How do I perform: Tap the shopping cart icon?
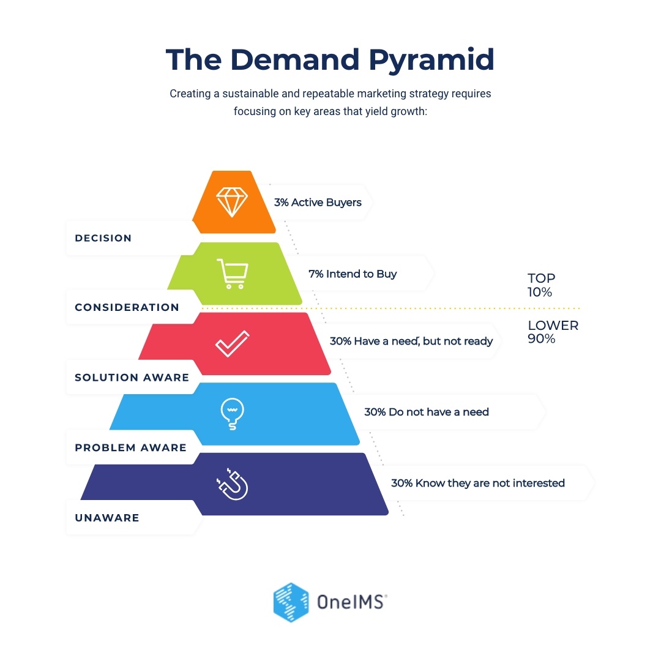coord(233,273)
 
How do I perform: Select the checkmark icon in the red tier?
coord(233,343)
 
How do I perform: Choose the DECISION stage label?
coord(103,238)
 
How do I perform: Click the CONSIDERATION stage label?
coord(127,308)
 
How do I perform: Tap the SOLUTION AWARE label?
coord(132,378)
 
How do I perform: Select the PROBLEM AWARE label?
coord(130,448)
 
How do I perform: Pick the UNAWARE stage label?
coord(107,518)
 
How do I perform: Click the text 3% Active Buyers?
coord(318,203)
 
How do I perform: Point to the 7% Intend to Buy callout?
coord(353,274)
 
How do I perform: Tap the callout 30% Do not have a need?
coord(427,412)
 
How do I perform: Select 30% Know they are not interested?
coord(477,483)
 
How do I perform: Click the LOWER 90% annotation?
coord(552,332)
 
